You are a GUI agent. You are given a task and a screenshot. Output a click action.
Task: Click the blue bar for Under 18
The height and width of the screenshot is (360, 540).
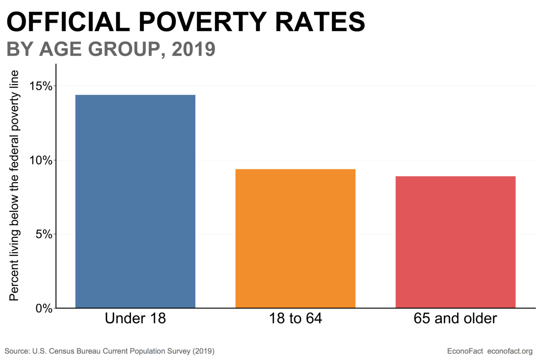(135, 201)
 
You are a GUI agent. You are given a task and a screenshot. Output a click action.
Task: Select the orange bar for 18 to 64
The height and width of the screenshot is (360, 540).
(295, 238)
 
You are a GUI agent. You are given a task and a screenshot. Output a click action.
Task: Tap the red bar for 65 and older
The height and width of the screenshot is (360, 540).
(455, 242)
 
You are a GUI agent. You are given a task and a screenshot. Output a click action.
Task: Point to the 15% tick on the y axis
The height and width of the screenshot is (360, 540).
(41, 86)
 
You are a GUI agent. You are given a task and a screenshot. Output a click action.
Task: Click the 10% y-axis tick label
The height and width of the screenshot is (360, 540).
(41, 160)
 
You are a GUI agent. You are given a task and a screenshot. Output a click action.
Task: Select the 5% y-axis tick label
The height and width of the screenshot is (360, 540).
(44, 234)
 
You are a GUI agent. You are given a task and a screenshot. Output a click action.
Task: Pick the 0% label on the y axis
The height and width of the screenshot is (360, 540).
(44, 309)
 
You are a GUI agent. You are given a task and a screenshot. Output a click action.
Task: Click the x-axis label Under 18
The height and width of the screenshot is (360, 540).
(135, 318)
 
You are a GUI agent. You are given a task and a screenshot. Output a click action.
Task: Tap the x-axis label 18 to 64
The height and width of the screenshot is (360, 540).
(295, 318)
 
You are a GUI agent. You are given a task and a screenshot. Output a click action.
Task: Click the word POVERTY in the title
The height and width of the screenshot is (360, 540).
(202, 22)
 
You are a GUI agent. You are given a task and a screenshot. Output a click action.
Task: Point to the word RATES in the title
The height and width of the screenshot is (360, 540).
(320, 22)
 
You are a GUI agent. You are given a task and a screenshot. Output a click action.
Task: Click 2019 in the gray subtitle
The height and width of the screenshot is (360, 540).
(193, 49)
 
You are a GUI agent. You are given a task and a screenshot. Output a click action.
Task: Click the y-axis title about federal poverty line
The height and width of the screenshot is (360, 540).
(14, 186)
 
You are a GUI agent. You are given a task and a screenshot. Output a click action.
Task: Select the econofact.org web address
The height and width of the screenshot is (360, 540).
(510, 351)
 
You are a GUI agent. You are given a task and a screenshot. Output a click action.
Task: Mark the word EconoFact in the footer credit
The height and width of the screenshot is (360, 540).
(465, 351)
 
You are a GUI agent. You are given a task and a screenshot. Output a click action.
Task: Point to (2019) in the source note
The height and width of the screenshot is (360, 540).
(203, 351)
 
